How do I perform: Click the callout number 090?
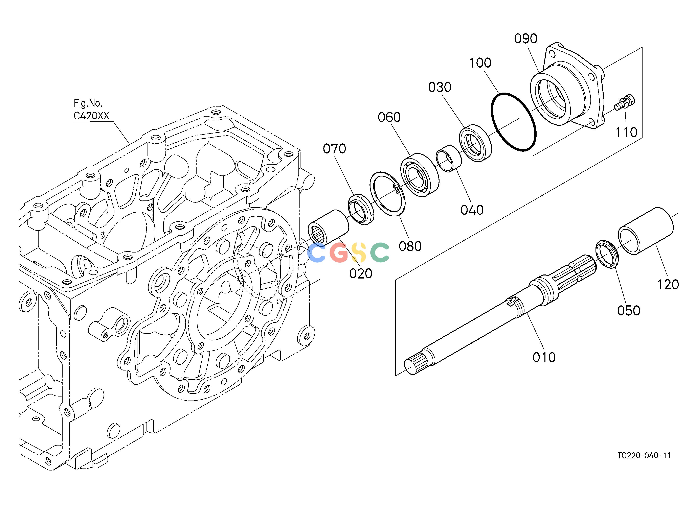pos(526,39)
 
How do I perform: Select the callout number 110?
pos(627,133)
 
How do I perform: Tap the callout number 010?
pos(544,357)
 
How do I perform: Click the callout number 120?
pos(668,285)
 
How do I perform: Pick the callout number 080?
pos(410,246)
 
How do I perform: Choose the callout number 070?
pos(335,149)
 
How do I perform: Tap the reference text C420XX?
pos(91,116)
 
